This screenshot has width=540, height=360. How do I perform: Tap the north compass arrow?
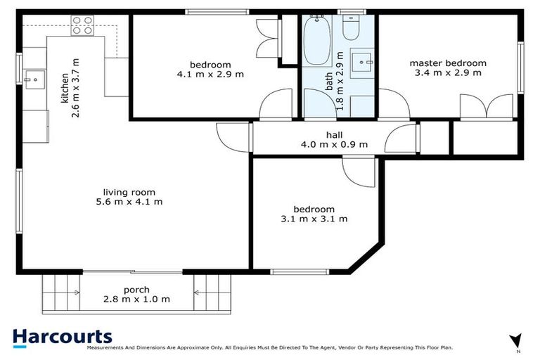(x=517, y=340)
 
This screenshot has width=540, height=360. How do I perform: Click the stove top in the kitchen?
(x=82, y=27)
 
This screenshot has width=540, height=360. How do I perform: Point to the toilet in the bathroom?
(x=350, y=28)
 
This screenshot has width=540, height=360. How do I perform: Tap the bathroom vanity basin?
(x=364, y=62)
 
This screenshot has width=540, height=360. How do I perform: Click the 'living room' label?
(x=129, y=192)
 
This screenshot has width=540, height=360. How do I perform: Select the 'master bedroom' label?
(x=448, y=63)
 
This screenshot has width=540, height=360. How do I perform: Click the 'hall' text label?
(x=333, y=135)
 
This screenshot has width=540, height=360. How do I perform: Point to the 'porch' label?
(x=136, y=289)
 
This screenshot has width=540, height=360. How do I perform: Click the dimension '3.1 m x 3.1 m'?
(x=314, y=219)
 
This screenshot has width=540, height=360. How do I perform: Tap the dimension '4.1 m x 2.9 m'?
(x=210, y=74)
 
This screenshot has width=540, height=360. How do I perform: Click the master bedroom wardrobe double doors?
(x=487, y=108)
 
